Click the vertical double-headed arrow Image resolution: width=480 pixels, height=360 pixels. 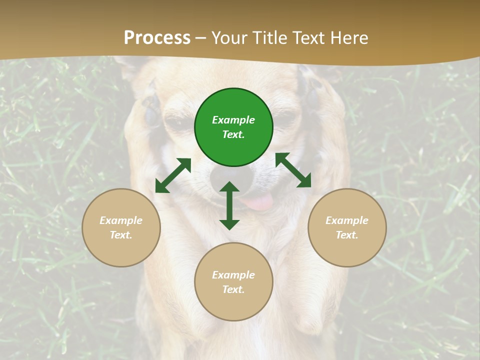coord(229,205)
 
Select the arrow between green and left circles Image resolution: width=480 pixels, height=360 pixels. coord(173,175)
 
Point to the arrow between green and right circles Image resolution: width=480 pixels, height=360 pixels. coord(293,170)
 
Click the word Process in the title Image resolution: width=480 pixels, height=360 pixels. coord(157,38)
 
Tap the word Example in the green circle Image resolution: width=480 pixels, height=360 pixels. coord(233,120)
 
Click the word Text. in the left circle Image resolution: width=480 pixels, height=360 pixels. coord(121,235)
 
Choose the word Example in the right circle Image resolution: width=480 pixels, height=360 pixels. coord(347,220)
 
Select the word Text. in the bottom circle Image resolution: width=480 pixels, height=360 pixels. coord(233,289)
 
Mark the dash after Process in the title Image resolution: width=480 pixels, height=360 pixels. coord(201,38)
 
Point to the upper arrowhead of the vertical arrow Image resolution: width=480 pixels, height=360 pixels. coord(229,187)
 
